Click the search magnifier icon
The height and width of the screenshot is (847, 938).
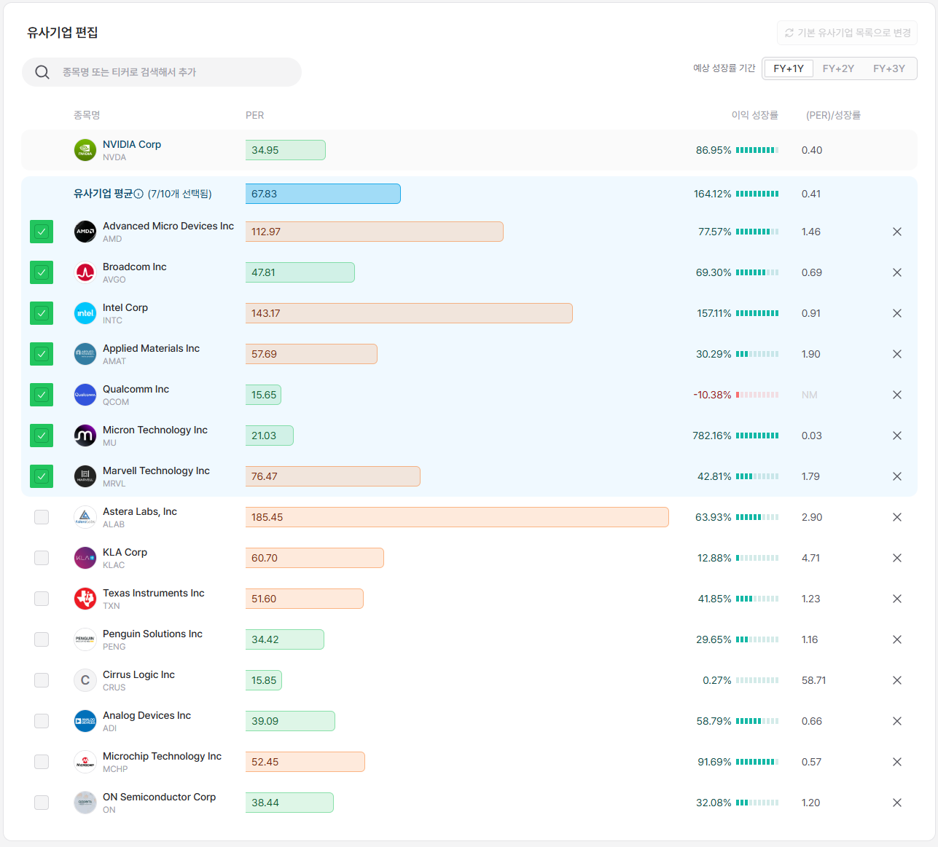tap(42, 72)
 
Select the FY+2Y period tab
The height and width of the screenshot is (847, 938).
tap(838, 68)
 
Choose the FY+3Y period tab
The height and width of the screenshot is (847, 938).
tap(889, 68)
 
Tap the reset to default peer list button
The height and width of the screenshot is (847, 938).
tap(847, 33)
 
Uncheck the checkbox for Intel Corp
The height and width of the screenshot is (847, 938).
tap(42, 313)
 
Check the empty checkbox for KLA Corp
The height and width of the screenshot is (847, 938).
tap(42, 558)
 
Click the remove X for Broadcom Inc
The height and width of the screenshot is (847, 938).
tap(896, 272)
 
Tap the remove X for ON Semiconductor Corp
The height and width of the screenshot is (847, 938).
tap(896, 803)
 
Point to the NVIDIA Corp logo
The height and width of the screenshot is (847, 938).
tap(85, 150)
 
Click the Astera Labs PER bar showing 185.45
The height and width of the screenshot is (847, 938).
tap(457, 517)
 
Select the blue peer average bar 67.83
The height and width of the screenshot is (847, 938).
tap(323, 194)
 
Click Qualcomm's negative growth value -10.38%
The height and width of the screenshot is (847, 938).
tap(711, 395)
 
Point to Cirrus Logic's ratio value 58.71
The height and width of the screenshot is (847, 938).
tap(813, 680)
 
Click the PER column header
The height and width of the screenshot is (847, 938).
tap(254, 115)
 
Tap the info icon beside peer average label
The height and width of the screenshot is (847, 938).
tap(138, 194)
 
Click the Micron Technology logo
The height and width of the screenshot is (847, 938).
tap(85, 436)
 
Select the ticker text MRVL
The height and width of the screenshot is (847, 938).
tap(114, 484)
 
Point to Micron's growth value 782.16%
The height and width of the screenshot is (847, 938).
tap(711, 436)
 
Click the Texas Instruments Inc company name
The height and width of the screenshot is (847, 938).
tap(153, 593)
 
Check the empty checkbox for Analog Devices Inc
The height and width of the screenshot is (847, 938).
tap(42, 721)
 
